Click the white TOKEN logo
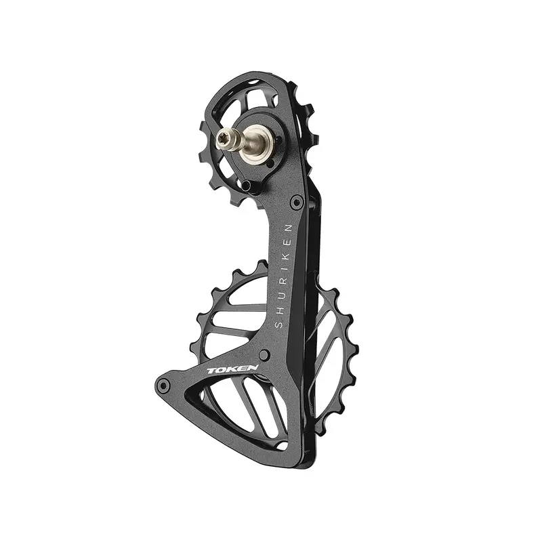click(x=232, y=369)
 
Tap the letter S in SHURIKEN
click(x=278, y=325)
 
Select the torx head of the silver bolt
click(x=222, y=139)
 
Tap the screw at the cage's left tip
click(x=163, y=385)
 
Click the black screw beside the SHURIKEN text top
click(x=296, y=201)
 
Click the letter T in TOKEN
click(x=211, y=371)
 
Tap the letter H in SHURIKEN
click(x=280, y=310)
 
